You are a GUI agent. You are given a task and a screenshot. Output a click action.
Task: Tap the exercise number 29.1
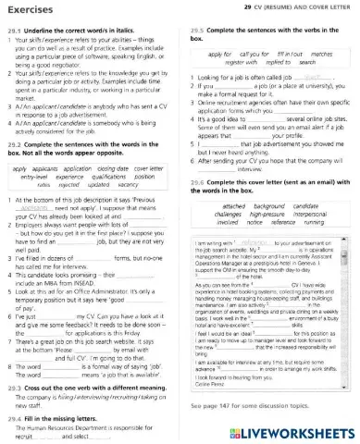pyautogui.click(x=12, y=28)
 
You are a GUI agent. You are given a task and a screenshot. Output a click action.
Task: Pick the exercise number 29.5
pyautogui.click(x=194, y=28)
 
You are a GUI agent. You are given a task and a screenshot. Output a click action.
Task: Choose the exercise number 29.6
pyautogui.click(x=194, y=182)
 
